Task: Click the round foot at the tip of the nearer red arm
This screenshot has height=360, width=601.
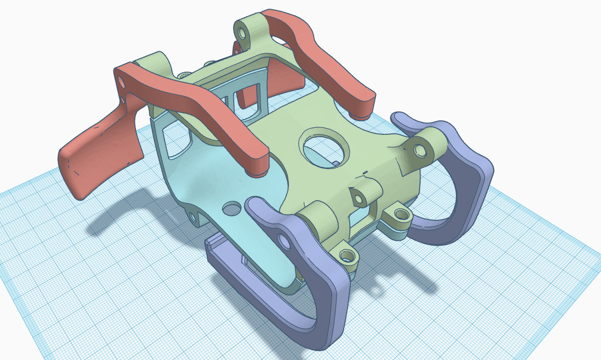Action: point(257,168)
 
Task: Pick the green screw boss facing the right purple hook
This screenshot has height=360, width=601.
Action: point(399,215)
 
